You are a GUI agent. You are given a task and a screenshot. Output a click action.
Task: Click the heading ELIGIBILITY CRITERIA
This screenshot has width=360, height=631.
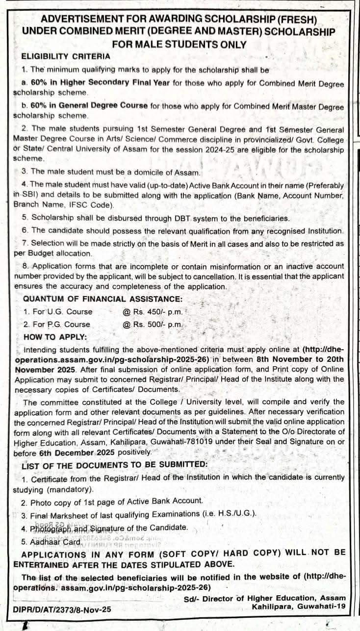click(67, 56)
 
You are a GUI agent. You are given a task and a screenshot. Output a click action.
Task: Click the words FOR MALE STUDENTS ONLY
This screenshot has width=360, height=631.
click(180, 44)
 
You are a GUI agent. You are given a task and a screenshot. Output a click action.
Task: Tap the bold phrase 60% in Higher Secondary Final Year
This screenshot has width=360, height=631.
click(94, 83)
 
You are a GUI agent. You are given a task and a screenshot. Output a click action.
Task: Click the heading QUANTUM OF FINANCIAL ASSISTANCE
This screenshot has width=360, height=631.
click(103, 299)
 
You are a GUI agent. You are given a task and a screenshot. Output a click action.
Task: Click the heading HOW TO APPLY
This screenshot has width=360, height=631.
click(55, 337)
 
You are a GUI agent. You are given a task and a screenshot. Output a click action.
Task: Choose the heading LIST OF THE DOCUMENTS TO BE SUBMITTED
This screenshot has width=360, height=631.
click(115, 464)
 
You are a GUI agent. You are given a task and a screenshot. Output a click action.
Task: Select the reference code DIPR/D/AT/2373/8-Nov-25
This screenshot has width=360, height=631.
click(63, 609)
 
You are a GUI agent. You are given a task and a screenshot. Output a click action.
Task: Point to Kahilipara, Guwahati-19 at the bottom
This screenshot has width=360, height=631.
click(298, 607)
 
